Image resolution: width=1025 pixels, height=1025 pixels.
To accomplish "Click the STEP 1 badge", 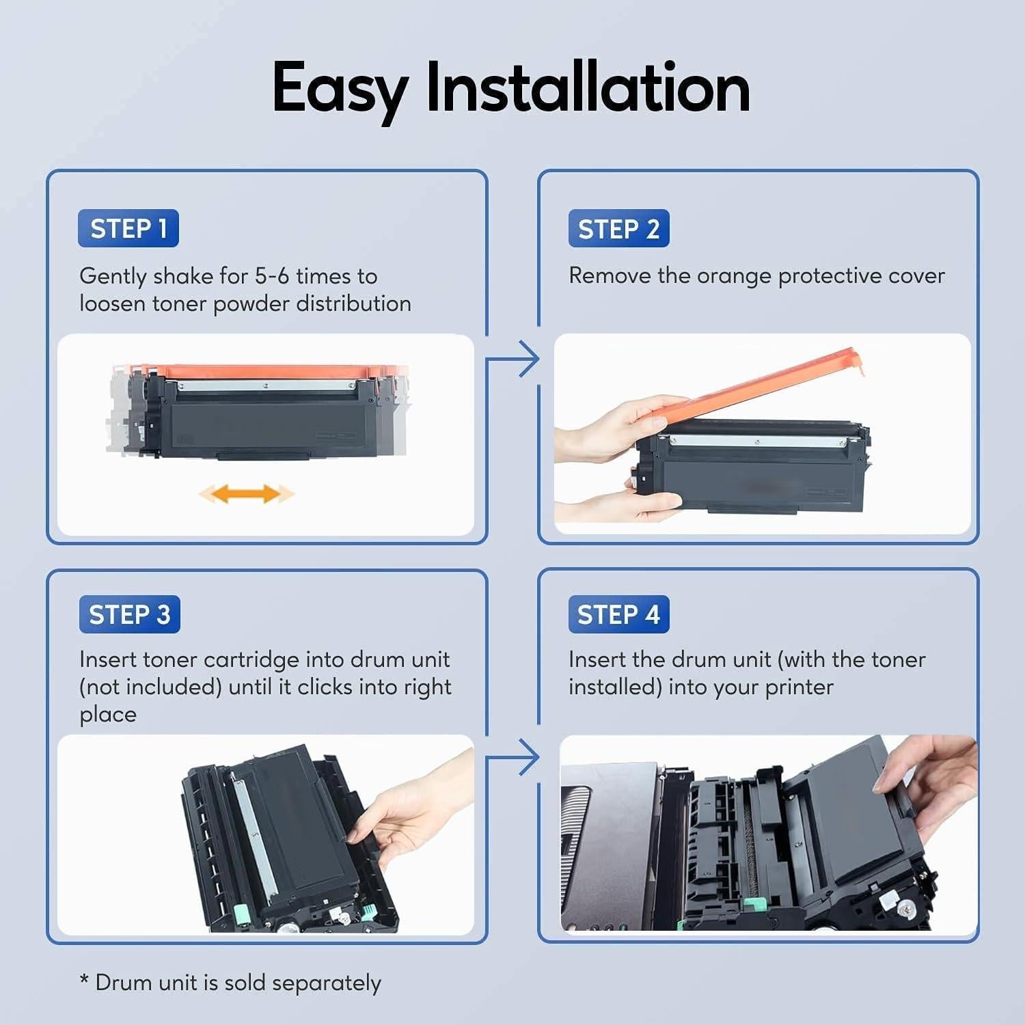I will [128, 228].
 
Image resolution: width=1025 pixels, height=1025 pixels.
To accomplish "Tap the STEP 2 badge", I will [618, 228].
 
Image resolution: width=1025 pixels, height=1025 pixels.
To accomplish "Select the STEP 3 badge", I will [129, 614].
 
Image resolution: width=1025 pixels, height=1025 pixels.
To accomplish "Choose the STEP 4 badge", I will [618, 614].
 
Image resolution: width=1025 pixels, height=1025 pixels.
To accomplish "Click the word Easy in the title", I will [340, 89].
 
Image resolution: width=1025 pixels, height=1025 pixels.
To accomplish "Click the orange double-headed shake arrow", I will [246, 493].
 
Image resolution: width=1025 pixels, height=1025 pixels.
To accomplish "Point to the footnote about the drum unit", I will [230, 983].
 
